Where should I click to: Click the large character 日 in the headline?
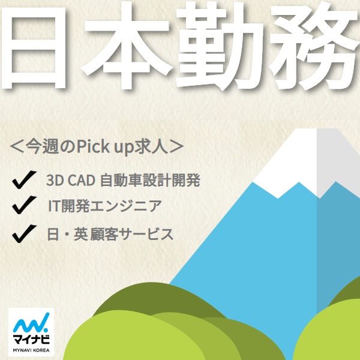point(34,48)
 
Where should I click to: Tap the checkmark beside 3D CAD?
point(25,179)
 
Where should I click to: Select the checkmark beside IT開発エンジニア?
point(25,205)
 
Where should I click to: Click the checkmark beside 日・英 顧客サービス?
point(25,233)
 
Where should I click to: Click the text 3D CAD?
point(71,180)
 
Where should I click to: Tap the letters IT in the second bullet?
point(53,206)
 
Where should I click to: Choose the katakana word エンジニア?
point(126,206)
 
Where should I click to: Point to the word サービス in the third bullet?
point(146,234)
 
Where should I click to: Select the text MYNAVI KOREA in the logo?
point(31,350)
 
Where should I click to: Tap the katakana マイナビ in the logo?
point(31,340)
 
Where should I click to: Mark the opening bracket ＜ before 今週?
point(17,146)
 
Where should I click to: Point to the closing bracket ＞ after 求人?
point(176,146)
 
